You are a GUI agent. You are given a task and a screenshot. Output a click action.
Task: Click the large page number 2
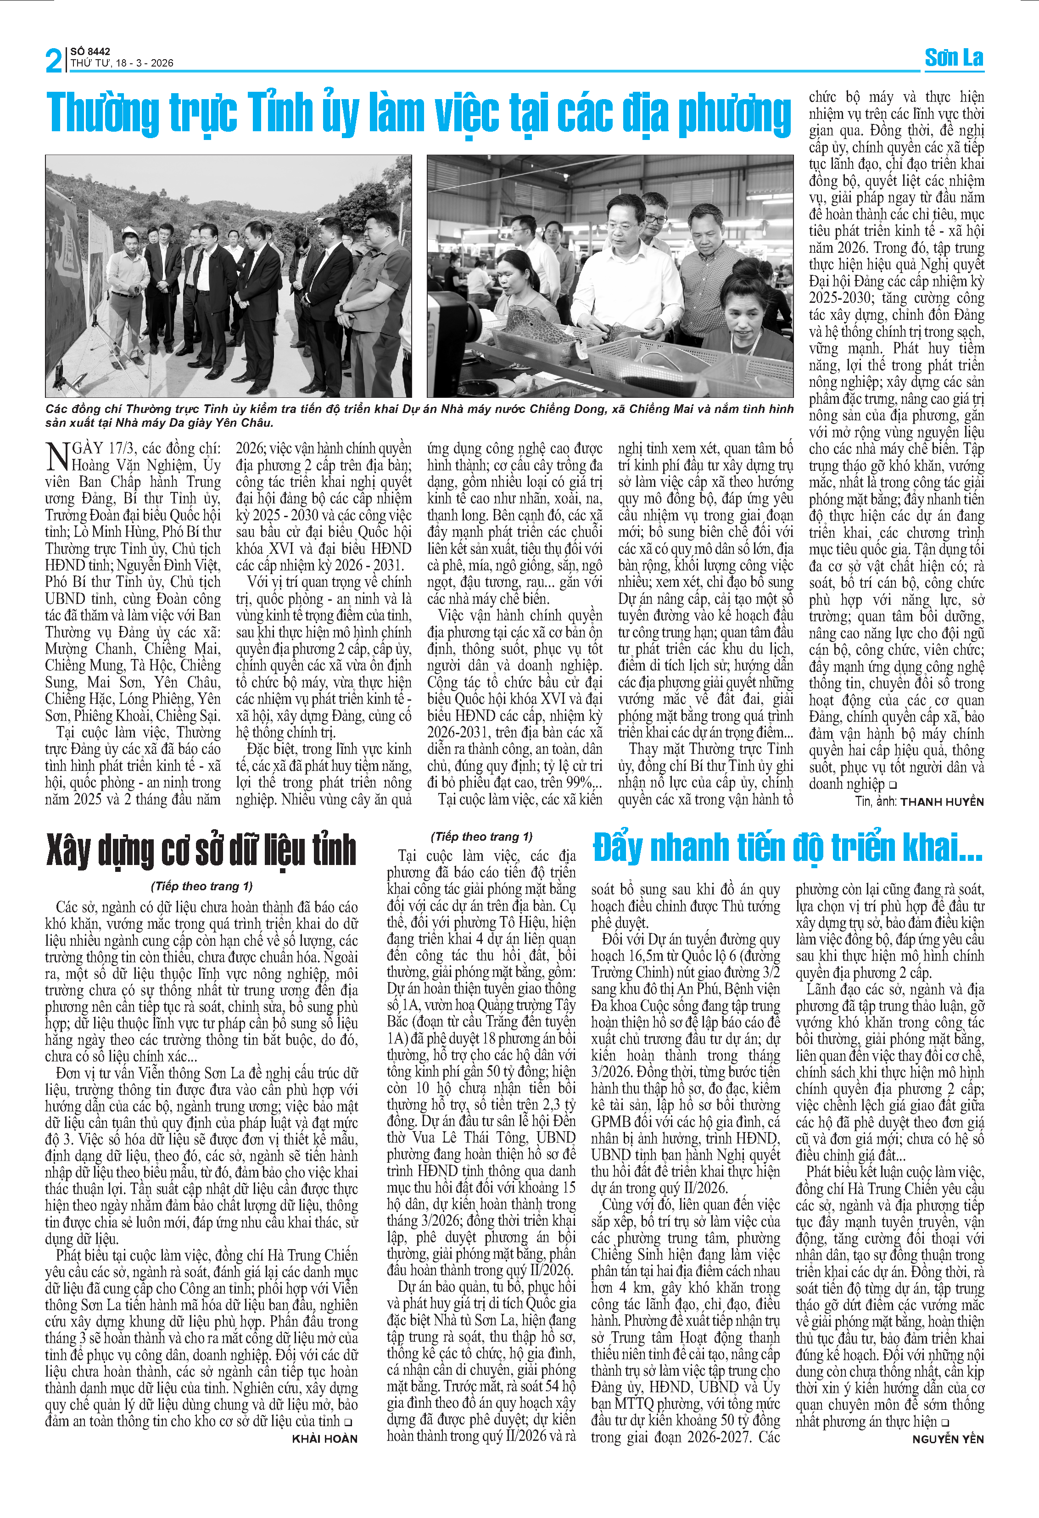click(54, 61)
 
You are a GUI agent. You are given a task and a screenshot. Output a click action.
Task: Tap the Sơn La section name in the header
click(954, 58)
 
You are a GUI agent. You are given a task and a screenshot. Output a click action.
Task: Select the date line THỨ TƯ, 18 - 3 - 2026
click(122, 63)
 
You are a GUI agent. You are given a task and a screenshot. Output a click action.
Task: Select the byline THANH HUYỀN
click(942, 802)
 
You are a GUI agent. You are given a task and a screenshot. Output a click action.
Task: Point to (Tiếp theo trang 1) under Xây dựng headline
click(202, 887)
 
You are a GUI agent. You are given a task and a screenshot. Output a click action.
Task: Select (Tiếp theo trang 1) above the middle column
click(481, 837)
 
